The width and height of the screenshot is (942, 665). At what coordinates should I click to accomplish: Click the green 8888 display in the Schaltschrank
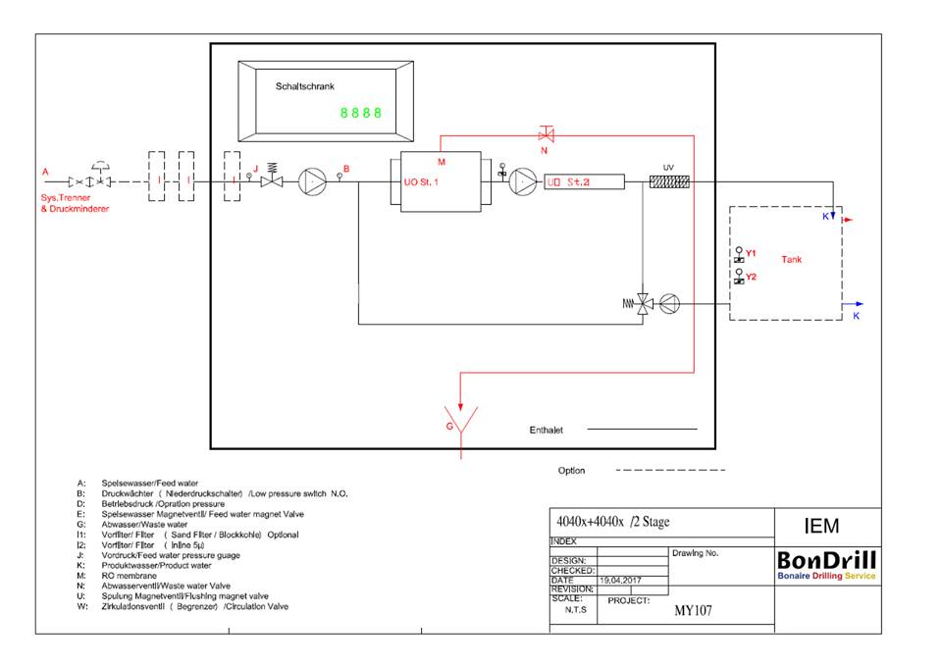[361, 113]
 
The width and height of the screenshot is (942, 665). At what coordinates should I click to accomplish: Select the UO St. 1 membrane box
[435, 180]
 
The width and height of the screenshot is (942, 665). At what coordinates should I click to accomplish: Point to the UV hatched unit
[671, 181]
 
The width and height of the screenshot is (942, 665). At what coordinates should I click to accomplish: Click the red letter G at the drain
[449, 428]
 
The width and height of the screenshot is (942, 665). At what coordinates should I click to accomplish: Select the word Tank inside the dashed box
[791, 260]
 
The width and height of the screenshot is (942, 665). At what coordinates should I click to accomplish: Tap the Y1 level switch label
[751, 253]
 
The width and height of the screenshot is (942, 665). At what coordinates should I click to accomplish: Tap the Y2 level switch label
[751, 278]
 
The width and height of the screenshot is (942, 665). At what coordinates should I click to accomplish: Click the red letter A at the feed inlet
[44, 172]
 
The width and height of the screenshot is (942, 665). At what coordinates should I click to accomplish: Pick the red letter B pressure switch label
[346, 168]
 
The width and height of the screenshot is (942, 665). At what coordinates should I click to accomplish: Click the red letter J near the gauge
[256, 169]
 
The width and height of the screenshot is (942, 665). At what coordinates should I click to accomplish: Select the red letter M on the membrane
[442, 161]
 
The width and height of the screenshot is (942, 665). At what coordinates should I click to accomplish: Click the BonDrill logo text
[826, 561]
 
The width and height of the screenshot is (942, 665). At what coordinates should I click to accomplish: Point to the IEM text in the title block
[820, 527]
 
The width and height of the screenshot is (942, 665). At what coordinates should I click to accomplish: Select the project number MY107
[692, 610]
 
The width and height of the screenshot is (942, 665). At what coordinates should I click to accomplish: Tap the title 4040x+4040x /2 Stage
[613, 522]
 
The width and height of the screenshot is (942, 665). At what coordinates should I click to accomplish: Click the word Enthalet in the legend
[546, 430]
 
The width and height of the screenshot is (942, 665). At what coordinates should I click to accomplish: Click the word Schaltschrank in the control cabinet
[305, 86]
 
